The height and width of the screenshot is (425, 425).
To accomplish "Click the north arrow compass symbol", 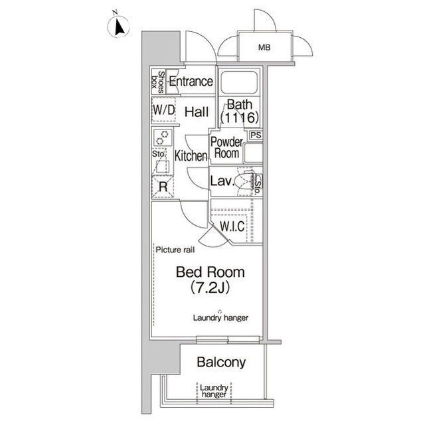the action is point(118,27).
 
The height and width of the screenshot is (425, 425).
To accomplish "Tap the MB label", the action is point(264,48).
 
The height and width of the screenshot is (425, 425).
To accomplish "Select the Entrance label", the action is point(191,81).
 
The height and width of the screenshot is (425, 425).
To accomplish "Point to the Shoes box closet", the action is point(158,82).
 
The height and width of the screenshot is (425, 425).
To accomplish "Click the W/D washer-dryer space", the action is point(163,110).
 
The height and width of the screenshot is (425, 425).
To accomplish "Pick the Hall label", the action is point(197,112).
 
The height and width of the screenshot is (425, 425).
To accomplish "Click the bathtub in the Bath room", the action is point(239,82).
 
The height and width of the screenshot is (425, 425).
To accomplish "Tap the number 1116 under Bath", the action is point(239,118).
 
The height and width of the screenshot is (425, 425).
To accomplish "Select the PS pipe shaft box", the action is point(256,135).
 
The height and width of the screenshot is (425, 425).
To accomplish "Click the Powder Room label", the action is point(226,147).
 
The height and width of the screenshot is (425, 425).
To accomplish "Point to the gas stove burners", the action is point(163,137).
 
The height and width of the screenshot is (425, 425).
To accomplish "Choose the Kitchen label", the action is point(191,156).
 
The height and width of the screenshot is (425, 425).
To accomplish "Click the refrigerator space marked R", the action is point(163,187).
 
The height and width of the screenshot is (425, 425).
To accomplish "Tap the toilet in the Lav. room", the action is point(244,181).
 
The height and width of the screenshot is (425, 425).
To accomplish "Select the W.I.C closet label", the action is point(232,226).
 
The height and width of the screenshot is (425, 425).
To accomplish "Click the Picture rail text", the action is point(175,250).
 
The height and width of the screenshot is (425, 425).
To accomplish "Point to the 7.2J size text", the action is point(210,288).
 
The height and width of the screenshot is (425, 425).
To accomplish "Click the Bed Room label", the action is point(210,272).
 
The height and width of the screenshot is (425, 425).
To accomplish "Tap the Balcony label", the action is point(221,362).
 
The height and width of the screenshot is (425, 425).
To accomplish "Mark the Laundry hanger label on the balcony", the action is point(214,391).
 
